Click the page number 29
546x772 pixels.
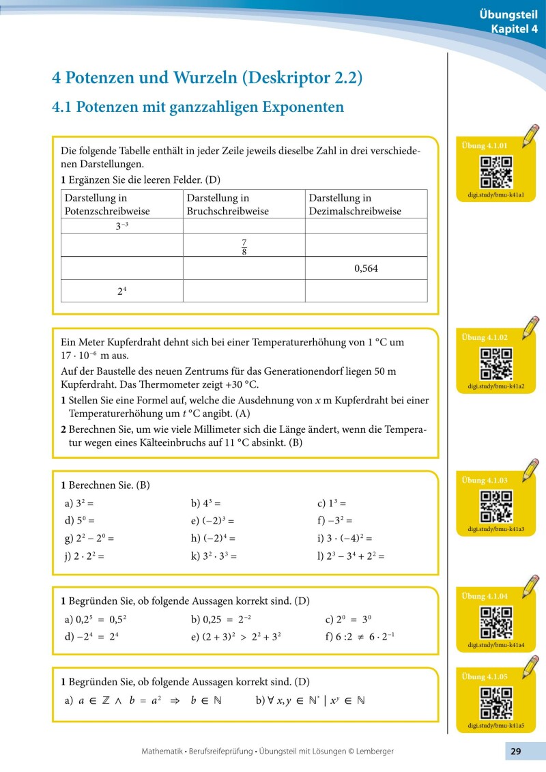pyautogui.click(x=515, y=751)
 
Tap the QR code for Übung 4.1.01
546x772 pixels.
pyautogui.click(x=496, y=171)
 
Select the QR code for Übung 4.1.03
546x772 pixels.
pyautogui.click(x=496, y=506)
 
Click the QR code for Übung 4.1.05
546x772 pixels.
pyautogui.click(x=496, y=702)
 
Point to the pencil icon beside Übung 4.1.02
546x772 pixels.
pyautogui.click(x=529, y=328)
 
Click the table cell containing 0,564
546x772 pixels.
pyautogui.click(x=366, y=268)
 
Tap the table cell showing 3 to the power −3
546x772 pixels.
pyautogui.click(x=122, y=227)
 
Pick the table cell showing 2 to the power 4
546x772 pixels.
pyautogui.click(x=122, y=291)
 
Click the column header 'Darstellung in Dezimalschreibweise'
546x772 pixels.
pyautogui.click(x=355, y=204)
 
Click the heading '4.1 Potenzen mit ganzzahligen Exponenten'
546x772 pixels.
pyautogui.click(x=198, y=107)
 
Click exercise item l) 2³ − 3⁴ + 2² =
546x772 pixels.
pyautogui.click(x=351, y=556)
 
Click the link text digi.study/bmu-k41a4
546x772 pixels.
pyautogui.click(x=496, y=644)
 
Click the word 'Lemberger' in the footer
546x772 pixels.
pyautogui.click(x=371, y=751)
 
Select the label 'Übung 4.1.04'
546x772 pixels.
pyautogui.click(x=485, y=596)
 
